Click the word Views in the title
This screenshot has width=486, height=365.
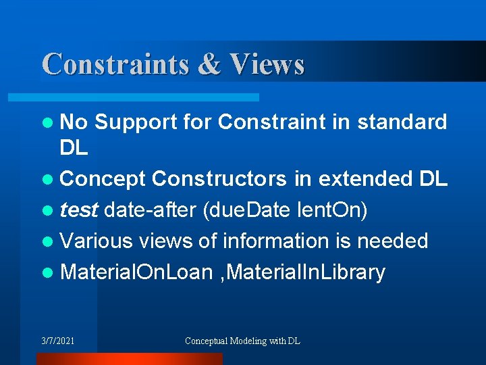(x=267, y=64)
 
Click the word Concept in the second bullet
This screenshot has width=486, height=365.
(x=103, y=179)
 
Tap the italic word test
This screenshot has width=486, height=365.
(x=79, y=210)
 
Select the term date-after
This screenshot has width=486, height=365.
(x=150, y=210)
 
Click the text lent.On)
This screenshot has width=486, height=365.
(x=332, y=210)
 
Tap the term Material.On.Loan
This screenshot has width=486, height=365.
(x=136, y=272)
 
